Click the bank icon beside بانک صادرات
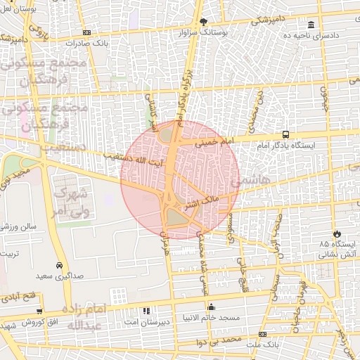[x=86, y=32]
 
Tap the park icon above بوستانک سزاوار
[x=204, y=22]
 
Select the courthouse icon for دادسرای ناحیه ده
[x=311, y=25]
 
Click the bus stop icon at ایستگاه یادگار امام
[x=285, y=134]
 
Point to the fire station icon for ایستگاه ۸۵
[x=337, y=233]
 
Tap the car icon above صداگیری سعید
[x=59, y=266]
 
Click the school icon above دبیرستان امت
[x=146, y=310]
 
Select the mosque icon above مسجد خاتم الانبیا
[x=211, y=307]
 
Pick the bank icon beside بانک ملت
[x=262, y=334]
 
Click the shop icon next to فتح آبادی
[x=40, y=309]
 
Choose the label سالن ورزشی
[x=18, y=226]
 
